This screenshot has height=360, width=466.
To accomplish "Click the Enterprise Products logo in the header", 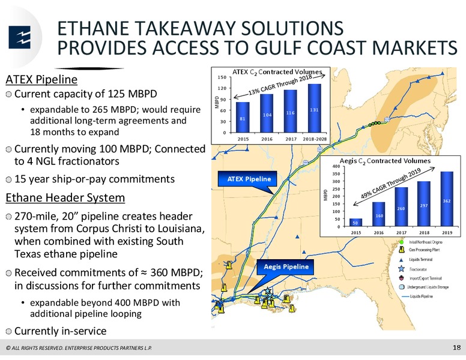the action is pyautogui.click(x=20, y=37).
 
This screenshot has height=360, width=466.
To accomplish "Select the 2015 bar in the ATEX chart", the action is pyautogui.click(x=243, y=117).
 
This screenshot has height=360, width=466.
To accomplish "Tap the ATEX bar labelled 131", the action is pyautogui.click(x=315, y=108).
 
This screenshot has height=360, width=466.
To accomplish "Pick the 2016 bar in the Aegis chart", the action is pyautogui.click(x=378, y=214).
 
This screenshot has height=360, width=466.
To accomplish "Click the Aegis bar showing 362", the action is pyautogui.click(x=447, y=199).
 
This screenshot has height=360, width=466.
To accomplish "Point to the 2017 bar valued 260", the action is pyautogui.click(x=401, y=206).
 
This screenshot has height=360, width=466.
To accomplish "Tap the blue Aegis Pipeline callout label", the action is pyautogui.click(x=285, y=266).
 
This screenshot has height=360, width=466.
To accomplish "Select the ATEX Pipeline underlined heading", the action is pyautogui.click(x=41, y=80).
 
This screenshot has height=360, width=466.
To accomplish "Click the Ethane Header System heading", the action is pyautogui.click(x=65, y=197).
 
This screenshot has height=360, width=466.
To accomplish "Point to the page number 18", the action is pyautogui.click(x=456, y=347).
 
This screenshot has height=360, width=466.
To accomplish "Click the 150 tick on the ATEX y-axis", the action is pyautogui.click(x=223, y=77).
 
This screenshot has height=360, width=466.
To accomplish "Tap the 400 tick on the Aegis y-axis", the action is pyautogui.click(x=336, y=166).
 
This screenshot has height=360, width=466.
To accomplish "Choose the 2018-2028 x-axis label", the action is pyautogui.click(x=315, y=139).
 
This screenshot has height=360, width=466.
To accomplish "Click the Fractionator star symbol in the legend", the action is pyautogui.click(x=402, y=269).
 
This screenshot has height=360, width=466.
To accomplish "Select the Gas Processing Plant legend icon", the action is pyautogui.click(x=402, y=250).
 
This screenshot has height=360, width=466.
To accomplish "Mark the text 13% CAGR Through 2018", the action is pyautogui.click(x=280, y=85).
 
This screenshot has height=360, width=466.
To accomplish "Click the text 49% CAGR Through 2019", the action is pyautogui.click(x=391, y=183).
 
